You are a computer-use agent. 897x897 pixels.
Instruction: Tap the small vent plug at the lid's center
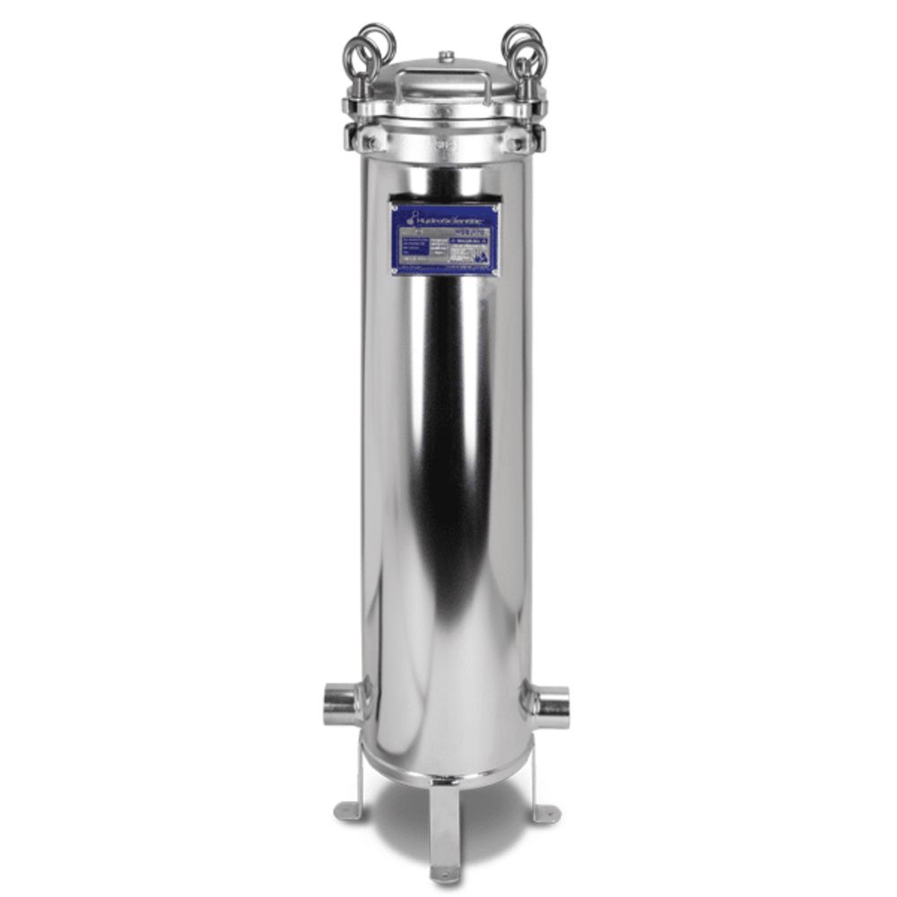pos(446,57)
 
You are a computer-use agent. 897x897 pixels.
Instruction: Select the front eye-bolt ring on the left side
pos(360,57)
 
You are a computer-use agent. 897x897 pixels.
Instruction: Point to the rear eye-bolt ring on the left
pos(378,40)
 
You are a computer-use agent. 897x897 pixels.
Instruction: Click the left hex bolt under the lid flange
pos(370,142)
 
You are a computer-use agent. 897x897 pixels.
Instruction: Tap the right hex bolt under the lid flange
pos(518,143)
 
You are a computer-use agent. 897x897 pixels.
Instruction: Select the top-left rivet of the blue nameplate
pos(394,206)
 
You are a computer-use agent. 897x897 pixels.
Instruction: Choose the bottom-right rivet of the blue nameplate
pos(496,270)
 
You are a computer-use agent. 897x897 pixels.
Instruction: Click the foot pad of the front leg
pos(445,871)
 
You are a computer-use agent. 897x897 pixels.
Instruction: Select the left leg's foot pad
pos(346,812)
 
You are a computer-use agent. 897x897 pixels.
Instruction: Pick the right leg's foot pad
pos(544,814)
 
